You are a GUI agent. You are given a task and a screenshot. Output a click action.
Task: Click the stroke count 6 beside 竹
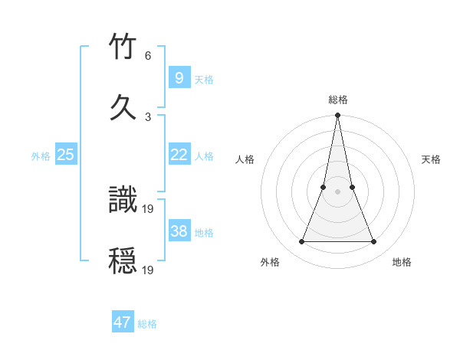(x=147, y=56)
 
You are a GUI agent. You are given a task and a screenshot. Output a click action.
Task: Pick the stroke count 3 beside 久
(x=147, y=116)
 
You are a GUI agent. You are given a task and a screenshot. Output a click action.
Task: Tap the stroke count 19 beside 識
(x=149, y=208)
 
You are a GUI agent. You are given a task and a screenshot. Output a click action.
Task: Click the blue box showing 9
(x=179, y=77)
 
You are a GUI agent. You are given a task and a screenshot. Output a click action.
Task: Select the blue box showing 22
(x=179, y=154)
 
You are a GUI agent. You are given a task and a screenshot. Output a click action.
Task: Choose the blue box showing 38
(x=179, y=231)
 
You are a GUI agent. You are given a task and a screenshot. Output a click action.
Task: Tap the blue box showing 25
(x=65, y=154)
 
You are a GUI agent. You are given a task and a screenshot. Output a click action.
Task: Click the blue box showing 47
(x=122, y=322)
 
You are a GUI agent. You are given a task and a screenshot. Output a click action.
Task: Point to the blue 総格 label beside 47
(x=147, y=324)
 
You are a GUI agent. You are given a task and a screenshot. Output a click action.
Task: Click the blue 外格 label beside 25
(x=41, y=156)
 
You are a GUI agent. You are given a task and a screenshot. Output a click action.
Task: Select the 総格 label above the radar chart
(x=338, y=100)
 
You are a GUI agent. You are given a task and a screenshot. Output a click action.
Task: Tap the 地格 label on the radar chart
(x=402, y=262)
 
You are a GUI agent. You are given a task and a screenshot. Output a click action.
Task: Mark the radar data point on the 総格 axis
(x=337, y=116)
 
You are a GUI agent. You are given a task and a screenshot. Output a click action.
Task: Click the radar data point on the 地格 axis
(x=374, y=242)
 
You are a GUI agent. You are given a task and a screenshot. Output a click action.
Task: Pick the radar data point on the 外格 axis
(x=301, y=242)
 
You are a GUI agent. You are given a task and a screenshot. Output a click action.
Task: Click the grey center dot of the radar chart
(x=337, y=191)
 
